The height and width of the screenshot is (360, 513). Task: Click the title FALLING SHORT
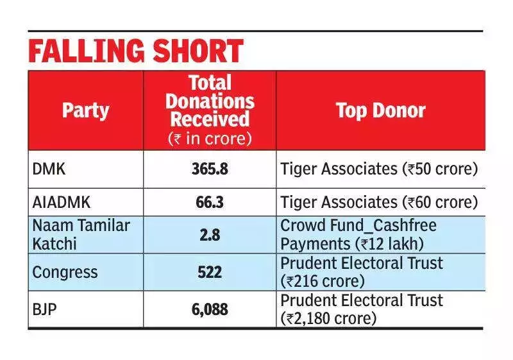click(x=136, y=51)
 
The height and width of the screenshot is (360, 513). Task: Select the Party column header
click(x=85, y=110)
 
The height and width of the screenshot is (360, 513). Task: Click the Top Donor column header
click(x=380, y=110)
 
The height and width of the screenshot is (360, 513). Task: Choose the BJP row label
click(x=44, y=309)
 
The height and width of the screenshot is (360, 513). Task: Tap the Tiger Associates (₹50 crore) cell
click(x=379, y=169)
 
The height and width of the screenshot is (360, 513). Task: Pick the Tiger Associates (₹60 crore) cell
click(x=379, y=203)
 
